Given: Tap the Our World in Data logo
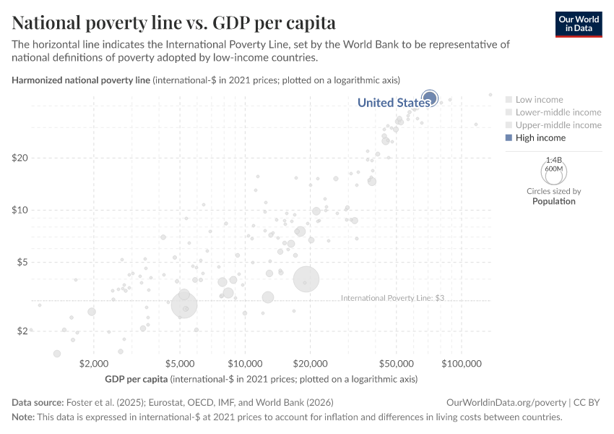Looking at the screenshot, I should (578, 24).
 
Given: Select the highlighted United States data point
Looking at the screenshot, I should (430, 98).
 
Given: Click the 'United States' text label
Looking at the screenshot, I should (394, 103).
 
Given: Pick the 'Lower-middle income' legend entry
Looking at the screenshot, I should (553, 112).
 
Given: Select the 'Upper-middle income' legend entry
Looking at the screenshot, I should (553, 125).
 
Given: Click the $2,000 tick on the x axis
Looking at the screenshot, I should (93, 362).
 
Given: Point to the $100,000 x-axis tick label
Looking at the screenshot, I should (460, 362).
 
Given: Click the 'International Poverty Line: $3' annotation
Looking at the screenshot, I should (392, 298).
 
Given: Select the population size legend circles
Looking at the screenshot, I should (553, 171).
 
